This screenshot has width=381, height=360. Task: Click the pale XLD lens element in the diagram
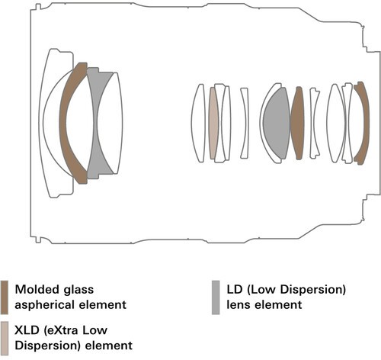[x=213, y=124]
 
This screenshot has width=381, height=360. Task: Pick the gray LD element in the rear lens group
[x=277, y=124]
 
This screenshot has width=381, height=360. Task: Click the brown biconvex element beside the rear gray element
[x=297, y=124]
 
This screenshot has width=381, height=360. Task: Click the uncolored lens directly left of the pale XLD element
[x=198, y=124]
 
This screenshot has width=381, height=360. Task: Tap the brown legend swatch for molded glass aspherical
[x=5, y=297]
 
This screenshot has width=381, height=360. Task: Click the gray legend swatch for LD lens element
[x=216, y=297]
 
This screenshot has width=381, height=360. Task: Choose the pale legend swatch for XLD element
[x=5, y=338]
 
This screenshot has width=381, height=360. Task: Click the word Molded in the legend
[x=36, y=289]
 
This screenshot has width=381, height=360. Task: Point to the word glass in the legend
[x=78, y=290]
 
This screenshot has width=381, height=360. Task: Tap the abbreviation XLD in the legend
[x=27, y=330]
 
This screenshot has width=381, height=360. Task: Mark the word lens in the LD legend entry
[x=239, y=305]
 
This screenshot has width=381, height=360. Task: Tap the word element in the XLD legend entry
[x=108, y=346]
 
